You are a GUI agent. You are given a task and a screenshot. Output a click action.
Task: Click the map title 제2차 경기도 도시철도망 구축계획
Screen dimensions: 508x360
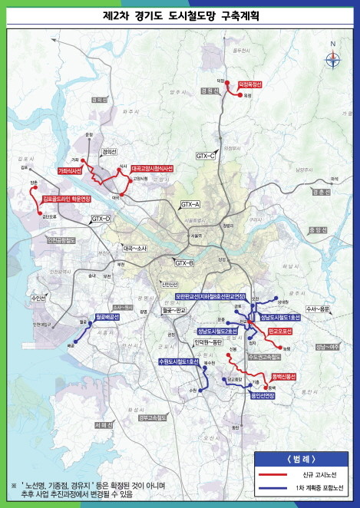tap(180, 15)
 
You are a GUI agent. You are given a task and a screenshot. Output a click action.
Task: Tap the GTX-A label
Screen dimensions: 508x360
tap(190, 204)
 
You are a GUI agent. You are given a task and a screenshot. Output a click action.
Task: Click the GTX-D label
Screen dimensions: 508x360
tap(101, 219)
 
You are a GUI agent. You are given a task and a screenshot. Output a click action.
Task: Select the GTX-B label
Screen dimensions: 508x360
tap(183, 263)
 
